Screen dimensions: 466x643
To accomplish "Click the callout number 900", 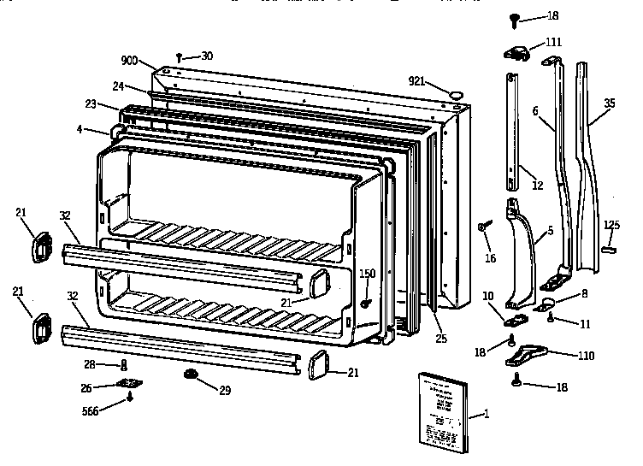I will pyautogui.click(x=129, y=60).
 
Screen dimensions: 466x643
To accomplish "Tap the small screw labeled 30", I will pyautogui.click(x=180, y=56).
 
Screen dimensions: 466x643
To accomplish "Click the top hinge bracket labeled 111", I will pyautogui.click(x=517, y=53).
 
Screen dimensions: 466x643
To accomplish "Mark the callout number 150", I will pyautogui.click(x=367, y=274).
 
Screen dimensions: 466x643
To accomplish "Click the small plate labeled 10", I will pyautogui.click(x=515, y=317).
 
